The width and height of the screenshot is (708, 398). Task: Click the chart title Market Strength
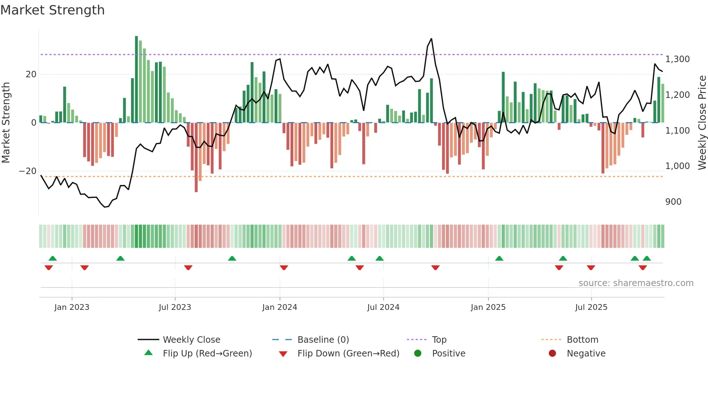pos(52,10)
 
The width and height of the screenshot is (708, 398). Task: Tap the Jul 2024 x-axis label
pos(383,307)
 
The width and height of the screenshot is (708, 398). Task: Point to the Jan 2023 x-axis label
pos(72,307)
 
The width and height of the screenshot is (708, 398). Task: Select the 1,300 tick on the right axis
pos(677,59)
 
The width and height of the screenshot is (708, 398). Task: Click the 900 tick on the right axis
pos(673,202)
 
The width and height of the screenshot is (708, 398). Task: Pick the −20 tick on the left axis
pos(28,171)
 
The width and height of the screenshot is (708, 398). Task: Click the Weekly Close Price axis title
pos(702,123)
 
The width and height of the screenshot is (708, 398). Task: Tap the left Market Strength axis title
pos(6,123)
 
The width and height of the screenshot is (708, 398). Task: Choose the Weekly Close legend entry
pos(191,340)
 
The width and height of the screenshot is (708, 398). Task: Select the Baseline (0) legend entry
pos(323,340)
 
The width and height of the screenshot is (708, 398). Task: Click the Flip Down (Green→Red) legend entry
pos(348,354)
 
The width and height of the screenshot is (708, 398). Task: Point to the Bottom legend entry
pos(582,340)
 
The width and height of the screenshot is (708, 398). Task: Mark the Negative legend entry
pos(586,354)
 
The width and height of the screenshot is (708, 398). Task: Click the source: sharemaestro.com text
pos(636,283)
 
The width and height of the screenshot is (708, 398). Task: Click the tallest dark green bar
pos(137,79)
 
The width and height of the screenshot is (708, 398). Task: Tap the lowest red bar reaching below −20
pos(196,157)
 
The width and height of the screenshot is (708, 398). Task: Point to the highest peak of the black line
pos(431,39)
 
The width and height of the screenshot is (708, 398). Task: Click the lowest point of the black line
pos(105,207)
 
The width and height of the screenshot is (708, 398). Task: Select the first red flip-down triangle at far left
pos(49,268)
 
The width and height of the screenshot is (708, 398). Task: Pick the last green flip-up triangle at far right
pos(647,258)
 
